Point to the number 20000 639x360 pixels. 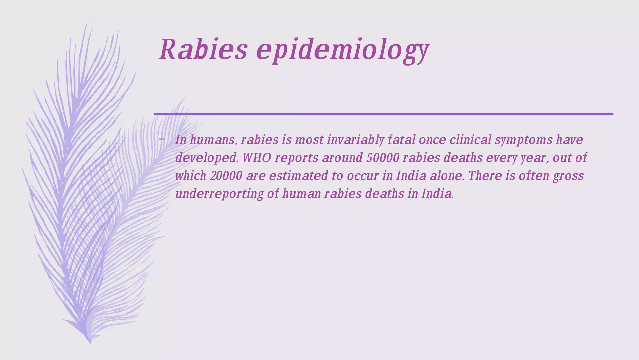pos(226,176)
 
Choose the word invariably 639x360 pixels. pos(355,140)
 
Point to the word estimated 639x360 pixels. pos(299,176)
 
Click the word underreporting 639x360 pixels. pos(219,194)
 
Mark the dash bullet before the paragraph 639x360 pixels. pos(161,139)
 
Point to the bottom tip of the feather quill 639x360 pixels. pos(90,343)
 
